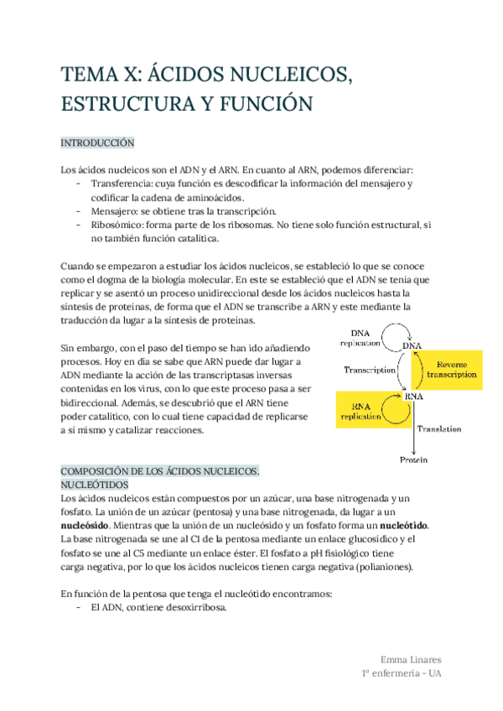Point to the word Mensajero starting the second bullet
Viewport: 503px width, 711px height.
coord(115,210)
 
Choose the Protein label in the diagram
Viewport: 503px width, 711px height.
coord(413,459)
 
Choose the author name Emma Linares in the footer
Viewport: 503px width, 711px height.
coord(411,659)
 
